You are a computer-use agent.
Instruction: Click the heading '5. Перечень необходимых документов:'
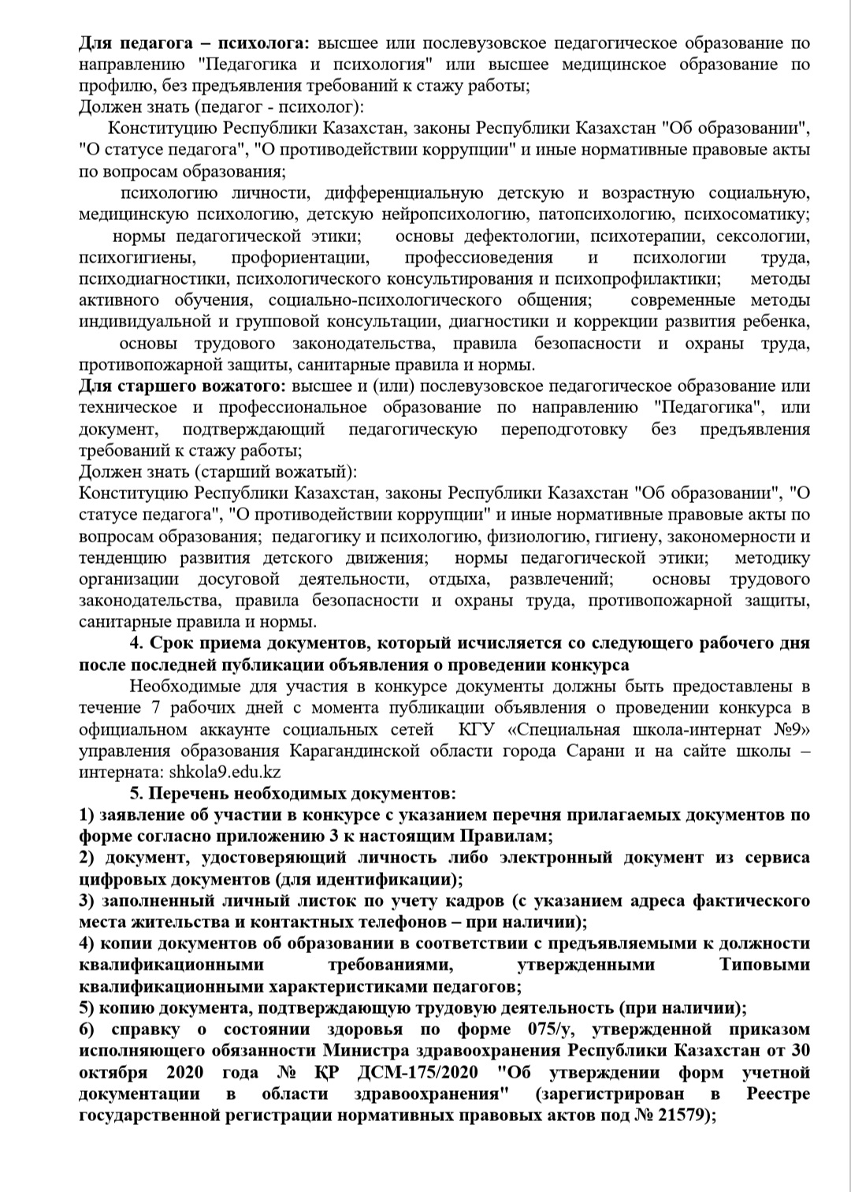(x=293, y=793)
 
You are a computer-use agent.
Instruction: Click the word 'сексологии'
(x=764, y=236)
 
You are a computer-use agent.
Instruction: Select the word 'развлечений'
(x=559, y=579)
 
